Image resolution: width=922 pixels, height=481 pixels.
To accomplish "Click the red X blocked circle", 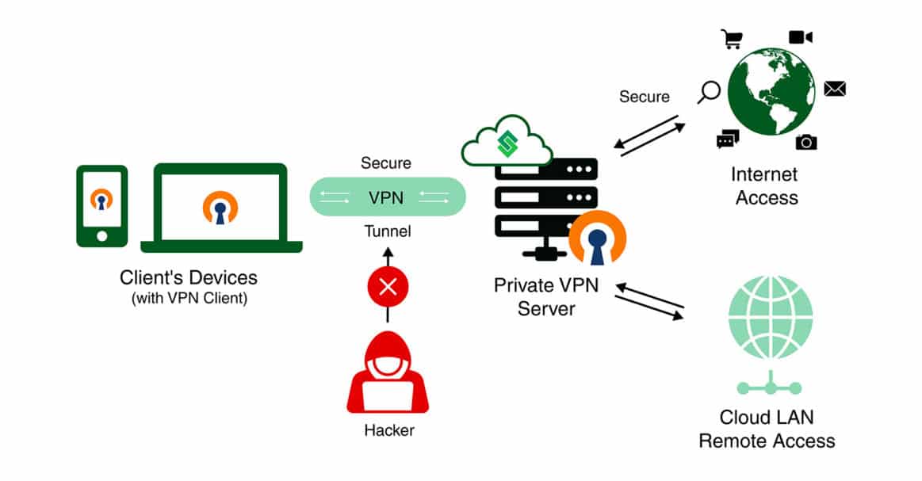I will (388, 287).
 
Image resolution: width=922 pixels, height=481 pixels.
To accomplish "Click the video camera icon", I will (801, 36).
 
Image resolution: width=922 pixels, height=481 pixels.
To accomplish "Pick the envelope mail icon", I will (835, 88).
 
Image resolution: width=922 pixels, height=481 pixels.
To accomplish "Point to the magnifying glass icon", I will (708, 92).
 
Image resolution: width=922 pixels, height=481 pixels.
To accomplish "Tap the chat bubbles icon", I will (727, 139).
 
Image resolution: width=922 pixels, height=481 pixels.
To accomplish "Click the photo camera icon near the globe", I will (806, 142).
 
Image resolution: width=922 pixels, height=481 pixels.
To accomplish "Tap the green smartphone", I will (101, 205).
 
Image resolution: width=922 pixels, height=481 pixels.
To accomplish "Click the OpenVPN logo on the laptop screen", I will (220, 208).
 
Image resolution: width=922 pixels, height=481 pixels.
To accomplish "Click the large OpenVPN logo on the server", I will (597, 238).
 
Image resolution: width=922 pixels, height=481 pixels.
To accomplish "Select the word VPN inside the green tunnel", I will (387, 198).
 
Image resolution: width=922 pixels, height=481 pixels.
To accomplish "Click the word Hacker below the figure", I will (388, 431).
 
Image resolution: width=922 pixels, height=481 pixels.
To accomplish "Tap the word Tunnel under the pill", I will (388, 231).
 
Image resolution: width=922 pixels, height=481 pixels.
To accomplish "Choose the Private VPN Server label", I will (545, 296).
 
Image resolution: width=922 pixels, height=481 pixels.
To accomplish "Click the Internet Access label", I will (766, 185).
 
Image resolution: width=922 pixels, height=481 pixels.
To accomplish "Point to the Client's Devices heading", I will (189, 278).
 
